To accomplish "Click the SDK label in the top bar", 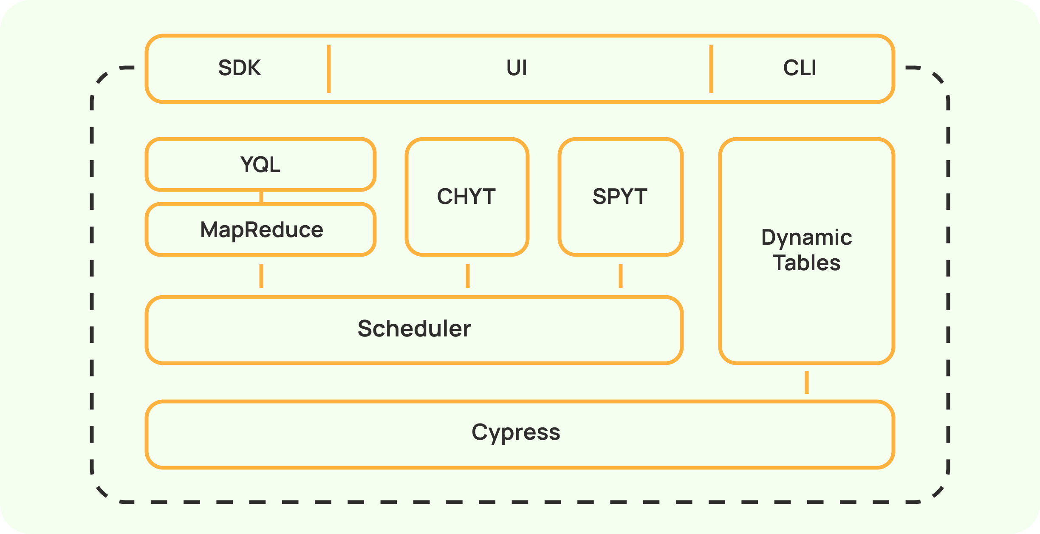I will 239,68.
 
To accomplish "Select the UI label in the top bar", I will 517,68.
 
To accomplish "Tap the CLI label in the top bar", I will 800,68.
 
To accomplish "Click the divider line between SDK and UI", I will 329,68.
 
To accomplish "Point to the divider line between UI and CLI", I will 711,68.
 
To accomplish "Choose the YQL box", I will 260,164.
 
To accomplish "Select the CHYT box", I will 467,197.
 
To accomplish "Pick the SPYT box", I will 620,197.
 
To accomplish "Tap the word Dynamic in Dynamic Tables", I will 806,237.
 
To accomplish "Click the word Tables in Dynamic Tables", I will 806,263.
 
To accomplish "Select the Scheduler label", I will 414,329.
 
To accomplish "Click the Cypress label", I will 516,432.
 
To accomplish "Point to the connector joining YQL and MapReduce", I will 261,197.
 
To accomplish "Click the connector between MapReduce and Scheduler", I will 261,276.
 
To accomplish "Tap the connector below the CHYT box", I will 468,276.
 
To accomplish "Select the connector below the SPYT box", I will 621,276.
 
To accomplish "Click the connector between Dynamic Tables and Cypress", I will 807,382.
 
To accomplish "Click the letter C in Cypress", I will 479,432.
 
